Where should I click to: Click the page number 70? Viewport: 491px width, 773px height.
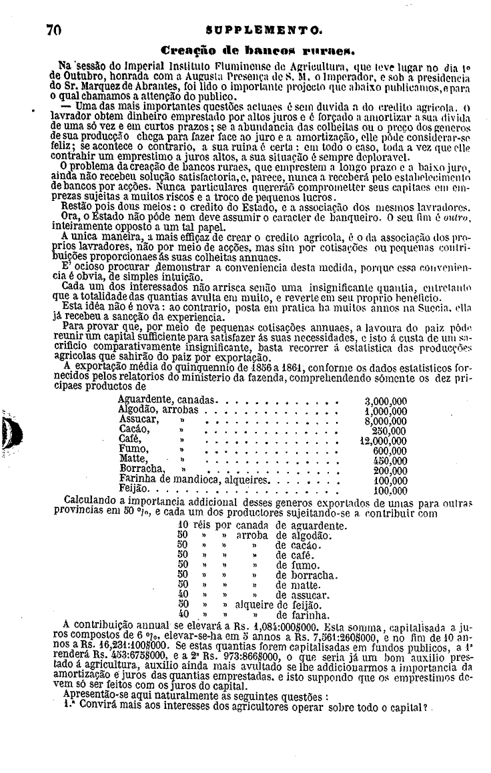click(x=54, y=30)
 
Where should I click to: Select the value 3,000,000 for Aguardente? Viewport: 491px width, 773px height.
click(x=386, y=401)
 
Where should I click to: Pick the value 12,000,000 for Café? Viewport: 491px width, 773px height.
click(x=383, y=441)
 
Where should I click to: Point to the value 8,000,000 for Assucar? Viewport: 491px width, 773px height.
click(x=386, y=421)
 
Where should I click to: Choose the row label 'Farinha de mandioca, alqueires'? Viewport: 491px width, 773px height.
click(x=193, y=480)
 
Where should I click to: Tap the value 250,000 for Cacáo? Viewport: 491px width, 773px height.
click(x=389, y=431)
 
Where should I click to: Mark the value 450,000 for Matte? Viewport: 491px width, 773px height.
click(x=389, y=461)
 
